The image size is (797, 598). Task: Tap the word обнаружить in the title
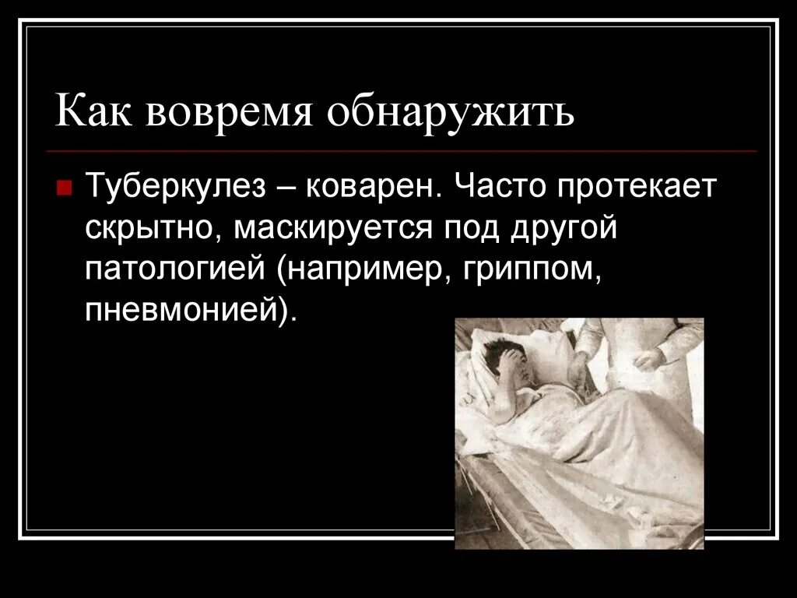(451, 113)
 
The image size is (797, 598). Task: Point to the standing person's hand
(650, 358)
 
